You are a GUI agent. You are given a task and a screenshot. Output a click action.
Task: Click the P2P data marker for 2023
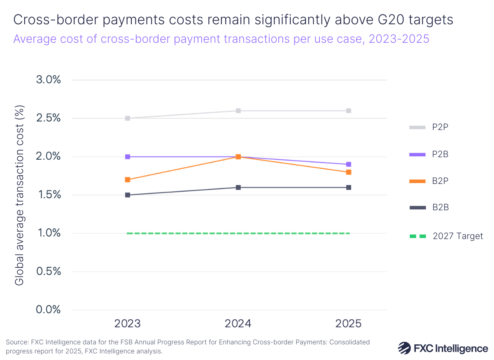pyautogui.click(x=128, y=118)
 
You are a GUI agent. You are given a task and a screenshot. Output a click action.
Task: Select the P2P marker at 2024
pyautogui.click(x=238, y=111)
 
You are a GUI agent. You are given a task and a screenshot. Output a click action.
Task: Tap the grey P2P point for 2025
pyautogui.click(x=348, y=111)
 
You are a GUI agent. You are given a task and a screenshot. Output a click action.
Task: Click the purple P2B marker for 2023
pyautogui.click(x=128, y=157)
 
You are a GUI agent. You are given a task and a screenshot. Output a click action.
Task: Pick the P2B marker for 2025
pyautogui.click(x=348, y=165)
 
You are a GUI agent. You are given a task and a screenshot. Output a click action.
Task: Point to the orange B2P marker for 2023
pyautogui.click(x=128, y=180)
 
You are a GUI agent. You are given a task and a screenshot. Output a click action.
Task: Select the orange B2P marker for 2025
pyautogui.click(x=348, y=172)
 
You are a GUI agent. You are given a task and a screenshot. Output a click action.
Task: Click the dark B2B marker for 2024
pyautogui.click(x=238, y=188)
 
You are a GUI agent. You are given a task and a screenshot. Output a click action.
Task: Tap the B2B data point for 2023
pyautogui.click(x=128, y=195)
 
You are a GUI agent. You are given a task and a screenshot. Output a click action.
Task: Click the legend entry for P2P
pyautogui.click(x=440, y=127)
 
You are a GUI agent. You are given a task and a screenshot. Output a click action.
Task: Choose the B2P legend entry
pyautogui.click(x=440, y=181)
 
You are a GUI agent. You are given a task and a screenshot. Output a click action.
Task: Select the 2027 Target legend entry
pyautogui.click(x=457, y=236)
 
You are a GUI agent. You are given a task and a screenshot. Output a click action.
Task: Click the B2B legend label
pyautogui.click(x=440, y=207)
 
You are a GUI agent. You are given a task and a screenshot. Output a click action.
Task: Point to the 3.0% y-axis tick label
pyautogui.click(x=49, y=80)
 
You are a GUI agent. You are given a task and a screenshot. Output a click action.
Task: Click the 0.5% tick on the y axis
pyautogui.click(x=49, y=272)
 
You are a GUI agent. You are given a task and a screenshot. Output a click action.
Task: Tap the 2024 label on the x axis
pyautogui.click(x=238, y=323)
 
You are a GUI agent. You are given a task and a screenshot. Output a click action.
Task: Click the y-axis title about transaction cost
pyautogui.click(x=19, y=195)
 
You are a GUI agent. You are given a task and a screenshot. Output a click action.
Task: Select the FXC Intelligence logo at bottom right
pyautogui.click(x=443, y=348)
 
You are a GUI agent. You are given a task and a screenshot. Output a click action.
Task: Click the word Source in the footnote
pyautogui.click(x=16, y=342)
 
